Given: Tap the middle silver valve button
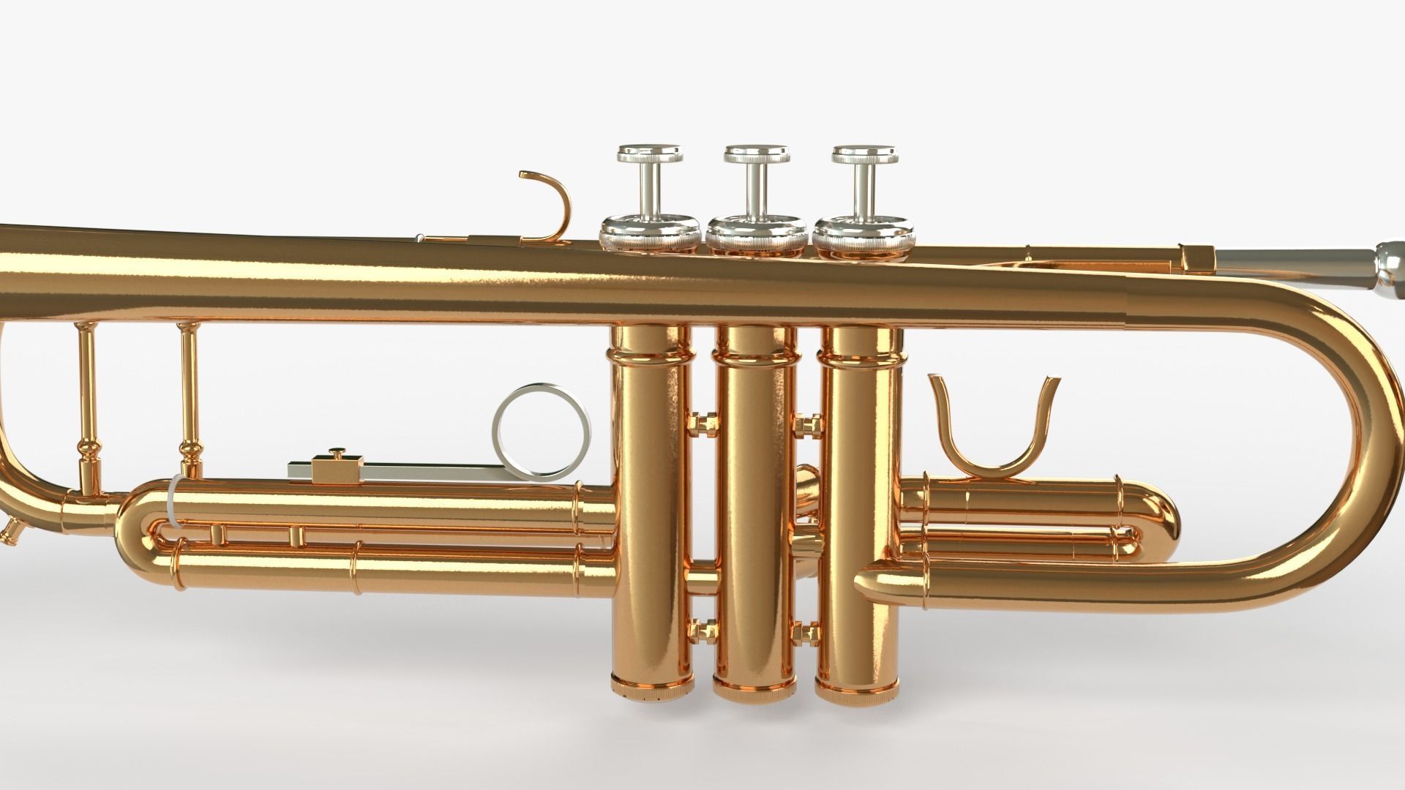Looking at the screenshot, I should tap(757, 154).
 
